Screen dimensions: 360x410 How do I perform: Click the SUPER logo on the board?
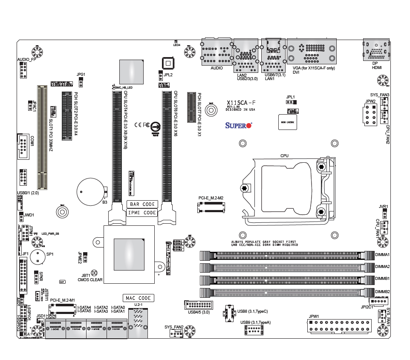pos(239,125)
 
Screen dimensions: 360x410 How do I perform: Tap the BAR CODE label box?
pos(143,204)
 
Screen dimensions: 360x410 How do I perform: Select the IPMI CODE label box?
pos(142,213)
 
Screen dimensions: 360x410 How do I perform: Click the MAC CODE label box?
pos(139,298)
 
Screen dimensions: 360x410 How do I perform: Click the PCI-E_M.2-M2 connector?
pos(211,207)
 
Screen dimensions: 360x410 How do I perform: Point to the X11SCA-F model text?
pos(242,103)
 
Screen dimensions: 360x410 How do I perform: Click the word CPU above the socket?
pos(284,156)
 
